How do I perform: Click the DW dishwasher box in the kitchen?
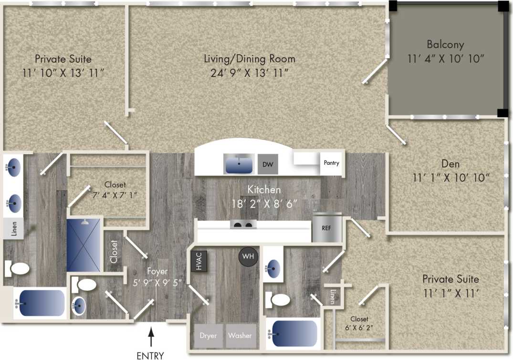tap(268, 164)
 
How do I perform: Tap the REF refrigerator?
tap(327, 227)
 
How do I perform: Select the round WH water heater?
tap(248, 256)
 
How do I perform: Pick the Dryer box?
tap(209, 335)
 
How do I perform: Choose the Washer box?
tap(240, 335)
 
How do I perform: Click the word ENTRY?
tap(150, 355)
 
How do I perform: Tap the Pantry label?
tap(331, 163)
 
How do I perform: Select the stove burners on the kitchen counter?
tap(242, 225)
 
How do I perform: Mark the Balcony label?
tap(445, 45)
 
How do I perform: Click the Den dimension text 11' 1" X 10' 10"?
tap(451, 178)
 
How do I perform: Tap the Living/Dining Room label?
tap(250, 59)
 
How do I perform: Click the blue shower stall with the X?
tap(84, 245)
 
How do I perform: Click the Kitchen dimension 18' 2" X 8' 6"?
tap(265, 203)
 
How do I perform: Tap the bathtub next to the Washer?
tap(294, 333)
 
